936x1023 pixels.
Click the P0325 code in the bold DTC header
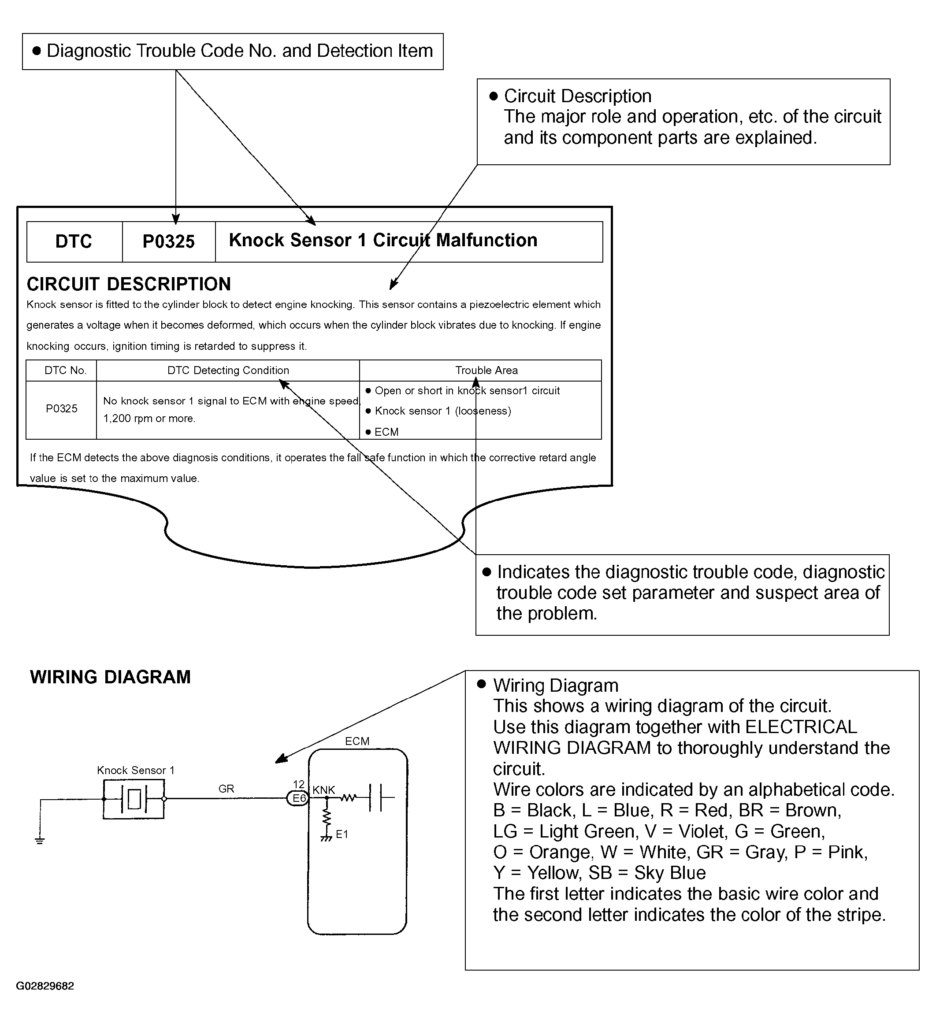[168, 241]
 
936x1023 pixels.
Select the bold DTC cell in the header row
[74, 241]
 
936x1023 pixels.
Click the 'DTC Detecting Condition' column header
[228, 371]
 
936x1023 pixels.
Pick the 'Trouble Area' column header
[486, 371]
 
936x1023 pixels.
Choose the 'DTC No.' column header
[66, 371]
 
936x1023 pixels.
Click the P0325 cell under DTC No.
[61, 408]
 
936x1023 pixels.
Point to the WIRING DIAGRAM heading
[110, 677]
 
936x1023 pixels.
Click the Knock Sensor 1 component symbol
[134, 799]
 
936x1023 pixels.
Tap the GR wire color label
[226, 789]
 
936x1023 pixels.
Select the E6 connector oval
[298, 798]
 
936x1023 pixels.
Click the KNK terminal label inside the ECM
[324, 790]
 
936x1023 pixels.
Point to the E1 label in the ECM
[342, 834]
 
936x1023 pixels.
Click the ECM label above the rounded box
[357, 741]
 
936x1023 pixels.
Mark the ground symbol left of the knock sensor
[40, 840]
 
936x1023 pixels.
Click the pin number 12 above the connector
[298, 784]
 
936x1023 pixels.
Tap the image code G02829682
[45, 986]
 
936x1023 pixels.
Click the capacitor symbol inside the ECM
[375, 798]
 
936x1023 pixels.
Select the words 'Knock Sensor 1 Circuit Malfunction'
[383, 240]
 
